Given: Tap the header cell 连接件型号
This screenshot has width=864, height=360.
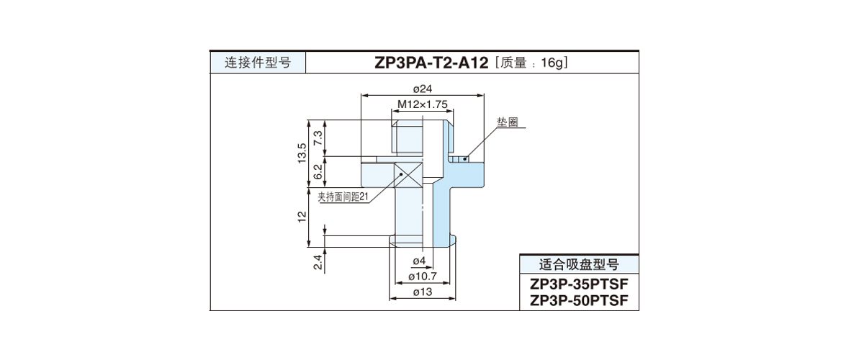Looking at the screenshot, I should pyautogui.click(x=258, y=63).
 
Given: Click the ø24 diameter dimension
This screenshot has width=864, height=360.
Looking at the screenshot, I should pyautogui.click(x=422, y=89).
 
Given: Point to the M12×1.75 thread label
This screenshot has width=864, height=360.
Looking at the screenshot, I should pyautogui.click(x=423, y=104).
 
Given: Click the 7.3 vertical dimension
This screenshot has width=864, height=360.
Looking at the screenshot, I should pyautogui.click(x=318, y=137).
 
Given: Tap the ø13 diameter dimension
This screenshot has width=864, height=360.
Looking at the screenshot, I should pyautogui.click(x=422, y=292).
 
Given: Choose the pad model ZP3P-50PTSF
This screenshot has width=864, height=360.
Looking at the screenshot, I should pyautogui.click(x=579, y=300).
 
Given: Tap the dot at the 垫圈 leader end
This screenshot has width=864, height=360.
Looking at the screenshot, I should pyautogui.click(x=465, y=158).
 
